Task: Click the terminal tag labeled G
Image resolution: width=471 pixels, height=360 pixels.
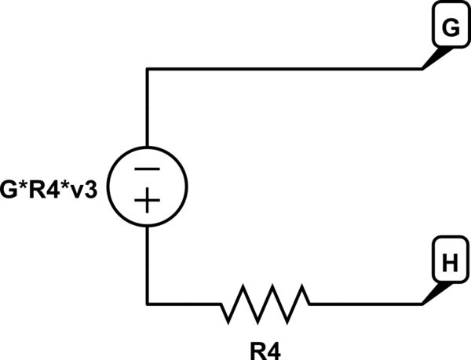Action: pyautogui.click(x=450, y=30)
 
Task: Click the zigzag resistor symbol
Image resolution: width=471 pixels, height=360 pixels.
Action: pyautogui.click(x=265, y=304)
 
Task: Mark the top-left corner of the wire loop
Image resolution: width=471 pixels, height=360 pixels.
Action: pyautogui.click(x=148, y=69)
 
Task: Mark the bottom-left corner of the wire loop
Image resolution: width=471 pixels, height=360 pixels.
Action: pyautogui.click(x=148, y=304)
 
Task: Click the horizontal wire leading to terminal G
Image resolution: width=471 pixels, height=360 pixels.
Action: pyautogui.click(x=283, y=69)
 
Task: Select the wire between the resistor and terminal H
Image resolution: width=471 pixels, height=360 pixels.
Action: pyautogui.click(x=365, y=304)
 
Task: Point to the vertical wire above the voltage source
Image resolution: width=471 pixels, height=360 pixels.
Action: pyautogui.click(x=148, y=110)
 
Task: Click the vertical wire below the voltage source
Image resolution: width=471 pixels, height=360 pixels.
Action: pyautogui.click(x=148, y=263)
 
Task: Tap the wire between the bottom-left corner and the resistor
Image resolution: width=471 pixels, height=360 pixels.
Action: pyautogui.click(x=184, y=304)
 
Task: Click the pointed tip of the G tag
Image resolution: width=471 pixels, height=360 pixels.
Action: pyautogui.click(x=425, y=67)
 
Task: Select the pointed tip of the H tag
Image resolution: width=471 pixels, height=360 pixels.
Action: pyautogui.click(x=425, y=302)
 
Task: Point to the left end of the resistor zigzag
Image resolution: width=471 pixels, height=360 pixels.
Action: pyautogui.click(x=221, y=304)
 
